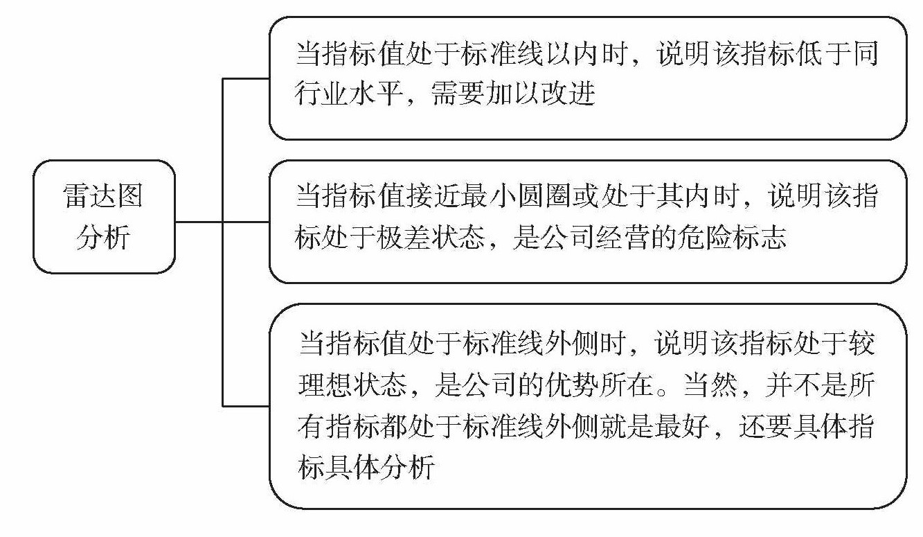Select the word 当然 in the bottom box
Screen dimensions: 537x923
pyautogui.click(x=724, y=385)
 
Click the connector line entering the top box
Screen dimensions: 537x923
pyautogui.click(x=245, y=78)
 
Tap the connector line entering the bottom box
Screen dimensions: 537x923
pyautogui.click(x=245, y=405)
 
